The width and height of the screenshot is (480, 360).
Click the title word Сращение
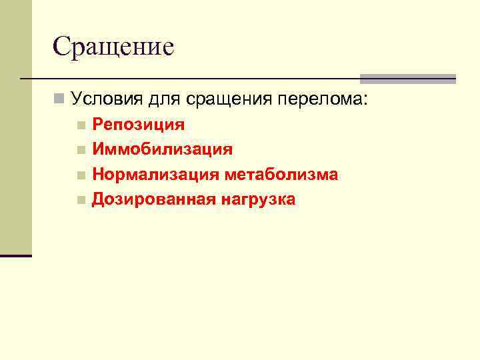[113, 47]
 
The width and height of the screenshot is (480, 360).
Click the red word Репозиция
[138, 125]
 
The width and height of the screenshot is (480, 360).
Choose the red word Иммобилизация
[162, 149]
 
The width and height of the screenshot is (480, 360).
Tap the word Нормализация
[156, 175]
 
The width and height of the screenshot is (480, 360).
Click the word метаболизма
[281, 175]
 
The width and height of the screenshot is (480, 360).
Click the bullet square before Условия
[59, 100]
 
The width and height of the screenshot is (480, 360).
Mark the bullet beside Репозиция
[81, 125]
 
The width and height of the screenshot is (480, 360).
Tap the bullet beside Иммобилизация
[81, 150]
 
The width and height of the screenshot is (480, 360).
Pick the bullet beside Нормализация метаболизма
[81, 175]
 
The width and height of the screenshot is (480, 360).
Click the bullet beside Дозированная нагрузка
[81, 200]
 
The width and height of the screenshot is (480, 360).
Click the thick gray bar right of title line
[407, 79]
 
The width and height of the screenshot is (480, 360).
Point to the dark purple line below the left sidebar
[16, 255]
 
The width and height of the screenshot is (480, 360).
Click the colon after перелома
[365, 101]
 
